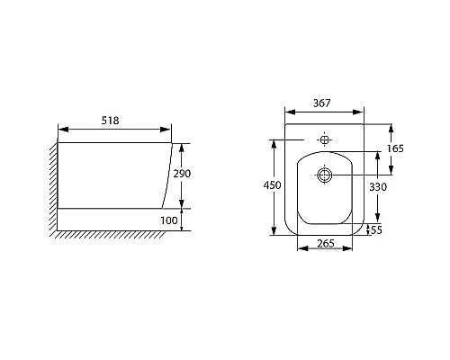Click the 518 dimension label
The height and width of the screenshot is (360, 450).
(111, 121)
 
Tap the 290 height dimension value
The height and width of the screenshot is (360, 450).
(182, 174)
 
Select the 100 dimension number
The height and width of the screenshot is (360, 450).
(169, 220)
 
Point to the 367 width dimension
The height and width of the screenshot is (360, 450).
(322, 103)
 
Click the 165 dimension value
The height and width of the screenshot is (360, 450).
(395, 148)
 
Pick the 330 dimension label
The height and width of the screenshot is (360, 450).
(378, 187)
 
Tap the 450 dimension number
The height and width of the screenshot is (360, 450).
(273, 185)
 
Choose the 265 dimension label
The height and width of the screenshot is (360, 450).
(326, 243)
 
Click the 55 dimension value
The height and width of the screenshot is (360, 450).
(376, 230)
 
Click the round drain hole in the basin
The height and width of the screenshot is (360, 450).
(325, 175)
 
